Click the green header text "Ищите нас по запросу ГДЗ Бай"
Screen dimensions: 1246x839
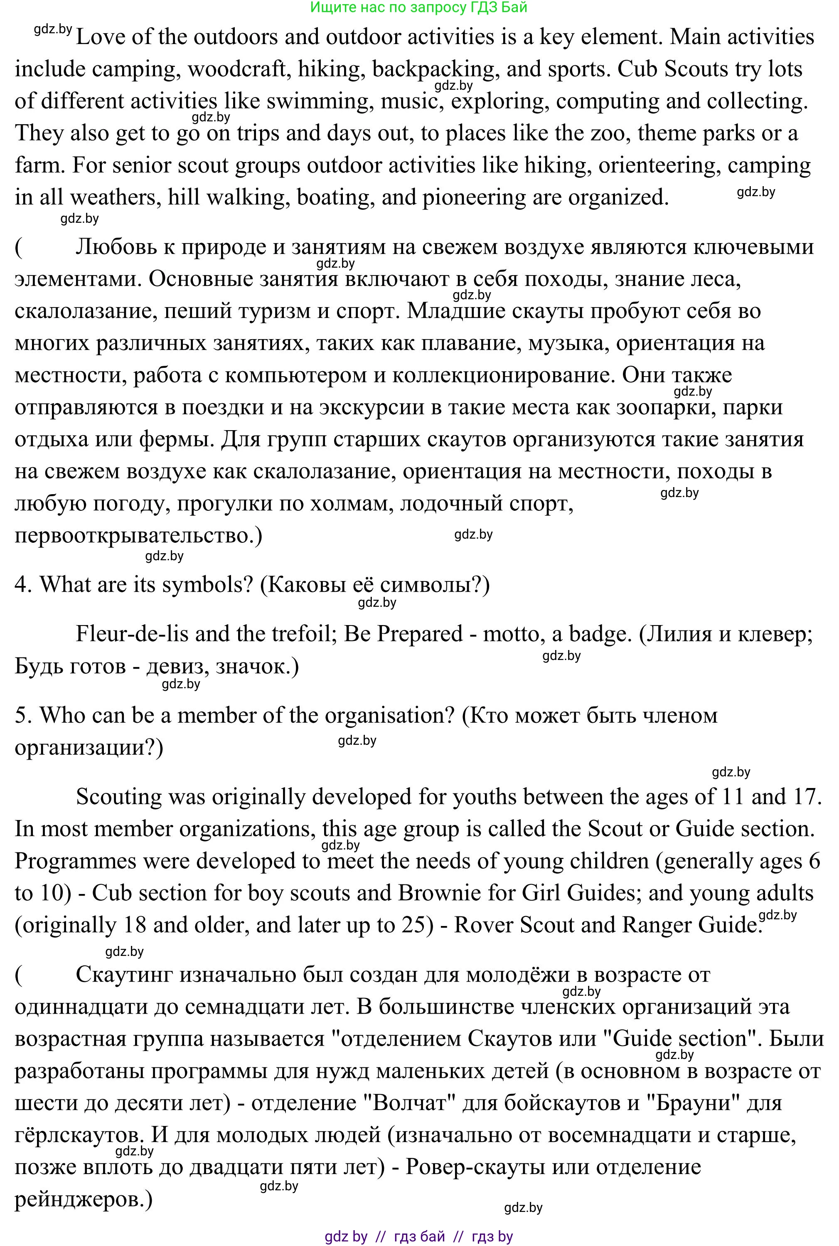pos(418,7)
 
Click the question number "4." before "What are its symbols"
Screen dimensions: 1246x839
pos(24,585)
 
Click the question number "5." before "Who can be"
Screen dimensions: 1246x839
pos(24,715)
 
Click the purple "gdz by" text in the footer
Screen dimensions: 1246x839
pos(346,1236)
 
